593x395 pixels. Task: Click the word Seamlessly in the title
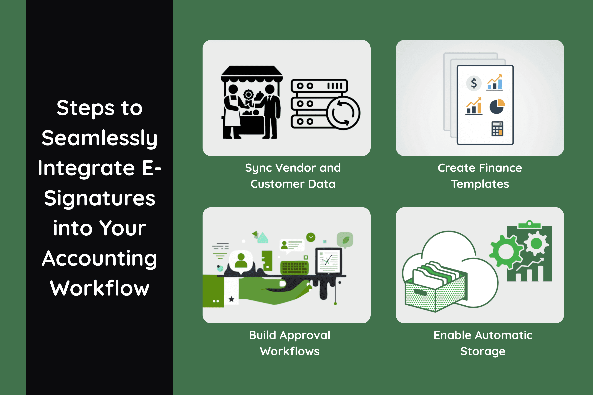click(99, 138)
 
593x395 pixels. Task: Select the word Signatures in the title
click(99, 198)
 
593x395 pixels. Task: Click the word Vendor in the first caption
click(296, 168)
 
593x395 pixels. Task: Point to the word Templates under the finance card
click(480, 184)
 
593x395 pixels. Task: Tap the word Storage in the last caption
click(483, 351)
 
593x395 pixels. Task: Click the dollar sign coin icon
click(474, 83)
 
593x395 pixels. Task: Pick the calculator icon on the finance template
click(497, 129)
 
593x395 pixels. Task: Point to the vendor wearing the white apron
click(232, 111)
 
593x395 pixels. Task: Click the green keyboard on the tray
click(294, 267)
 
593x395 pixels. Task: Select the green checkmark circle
click(311, 237)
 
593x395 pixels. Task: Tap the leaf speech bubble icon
click(345, 240)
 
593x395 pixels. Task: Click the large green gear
click(506, 251)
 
